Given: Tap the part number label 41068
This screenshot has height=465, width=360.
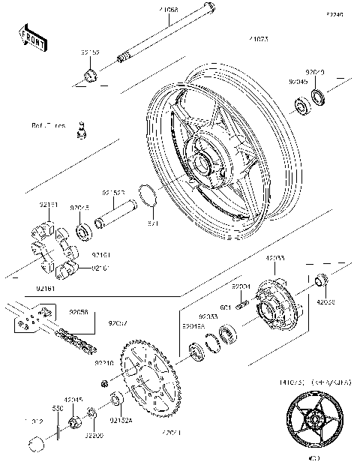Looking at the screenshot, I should pos(167,10).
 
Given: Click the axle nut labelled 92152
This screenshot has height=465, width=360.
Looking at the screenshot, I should pos(89,74).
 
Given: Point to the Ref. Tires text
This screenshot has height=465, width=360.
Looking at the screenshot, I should pos(49,125).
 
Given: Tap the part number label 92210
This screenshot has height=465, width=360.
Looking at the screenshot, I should pos(104,362).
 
